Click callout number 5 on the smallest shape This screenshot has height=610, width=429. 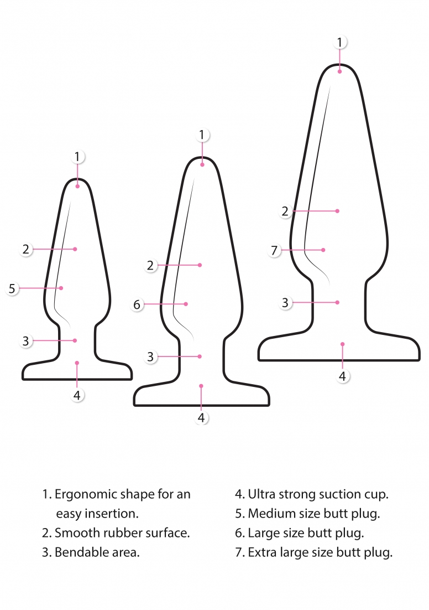pos(12,288)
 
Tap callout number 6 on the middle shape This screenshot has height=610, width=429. pos(137,304)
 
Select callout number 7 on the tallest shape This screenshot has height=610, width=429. pos(274,250)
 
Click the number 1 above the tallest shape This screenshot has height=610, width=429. pos(339,42)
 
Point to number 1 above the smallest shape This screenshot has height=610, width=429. pos(77,157)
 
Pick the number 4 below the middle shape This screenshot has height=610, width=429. pos(201,417)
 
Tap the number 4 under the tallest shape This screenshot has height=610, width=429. pos(342,376)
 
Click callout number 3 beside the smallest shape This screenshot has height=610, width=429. pos(25,341)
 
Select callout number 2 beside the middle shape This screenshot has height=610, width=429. pos(150,265)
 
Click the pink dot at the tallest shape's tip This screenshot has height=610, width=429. pos(339,71)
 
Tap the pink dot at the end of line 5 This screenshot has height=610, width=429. pos(61,288)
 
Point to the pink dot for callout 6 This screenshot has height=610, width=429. pos(186,304)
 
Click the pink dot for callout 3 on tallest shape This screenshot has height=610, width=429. pos(337,302)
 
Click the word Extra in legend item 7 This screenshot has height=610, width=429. pos(260,552)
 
